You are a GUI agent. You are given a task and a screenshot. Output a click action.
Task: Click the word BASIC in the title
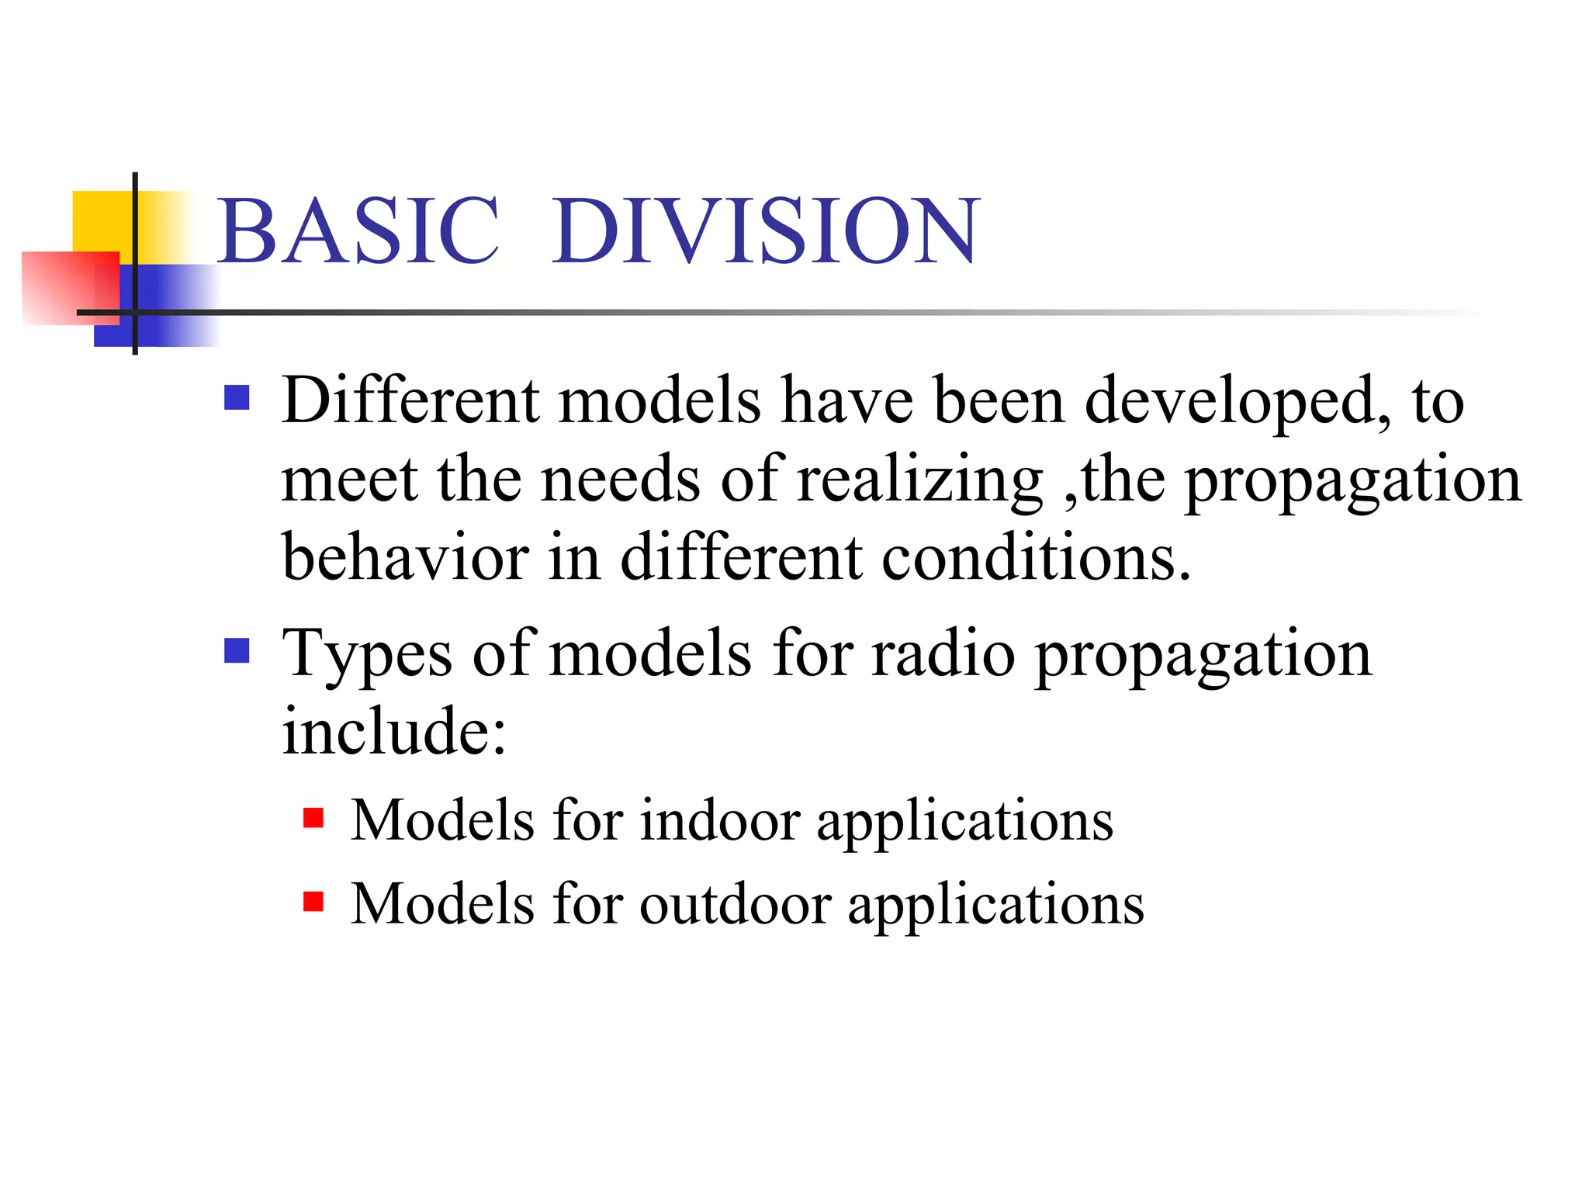pos(358,231)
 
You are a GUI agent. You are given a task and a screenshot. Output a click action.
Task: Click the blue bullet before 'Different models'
pos(237,398)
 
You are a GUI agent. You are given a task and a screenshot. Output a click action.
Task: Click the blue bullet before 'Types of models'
pos(237,651)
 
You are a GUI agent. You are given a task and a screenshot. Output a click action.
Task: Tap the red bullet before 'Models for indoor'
pos(313,819)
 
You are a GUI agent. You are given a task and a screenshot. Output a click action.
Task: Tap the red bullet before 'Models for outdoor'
pos(313,902)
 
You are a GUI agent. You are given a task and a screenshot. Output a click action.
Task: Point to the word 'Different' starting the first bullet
pos(410,400)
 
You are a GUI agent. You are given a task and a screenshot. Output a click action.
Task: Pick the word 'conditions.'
pos(1036,559)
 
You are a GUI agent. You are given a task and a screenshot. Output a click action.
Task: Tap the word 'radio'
pos(943,653)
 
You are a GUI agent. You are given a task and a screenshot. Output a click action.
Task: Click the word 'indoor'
pos(719,820)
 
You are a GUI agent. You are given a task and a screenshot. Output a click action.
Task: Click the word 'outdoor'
pos(735,904)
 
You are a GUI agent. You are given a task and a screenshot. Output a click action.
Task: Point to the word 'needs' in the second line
pos(621,481)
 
